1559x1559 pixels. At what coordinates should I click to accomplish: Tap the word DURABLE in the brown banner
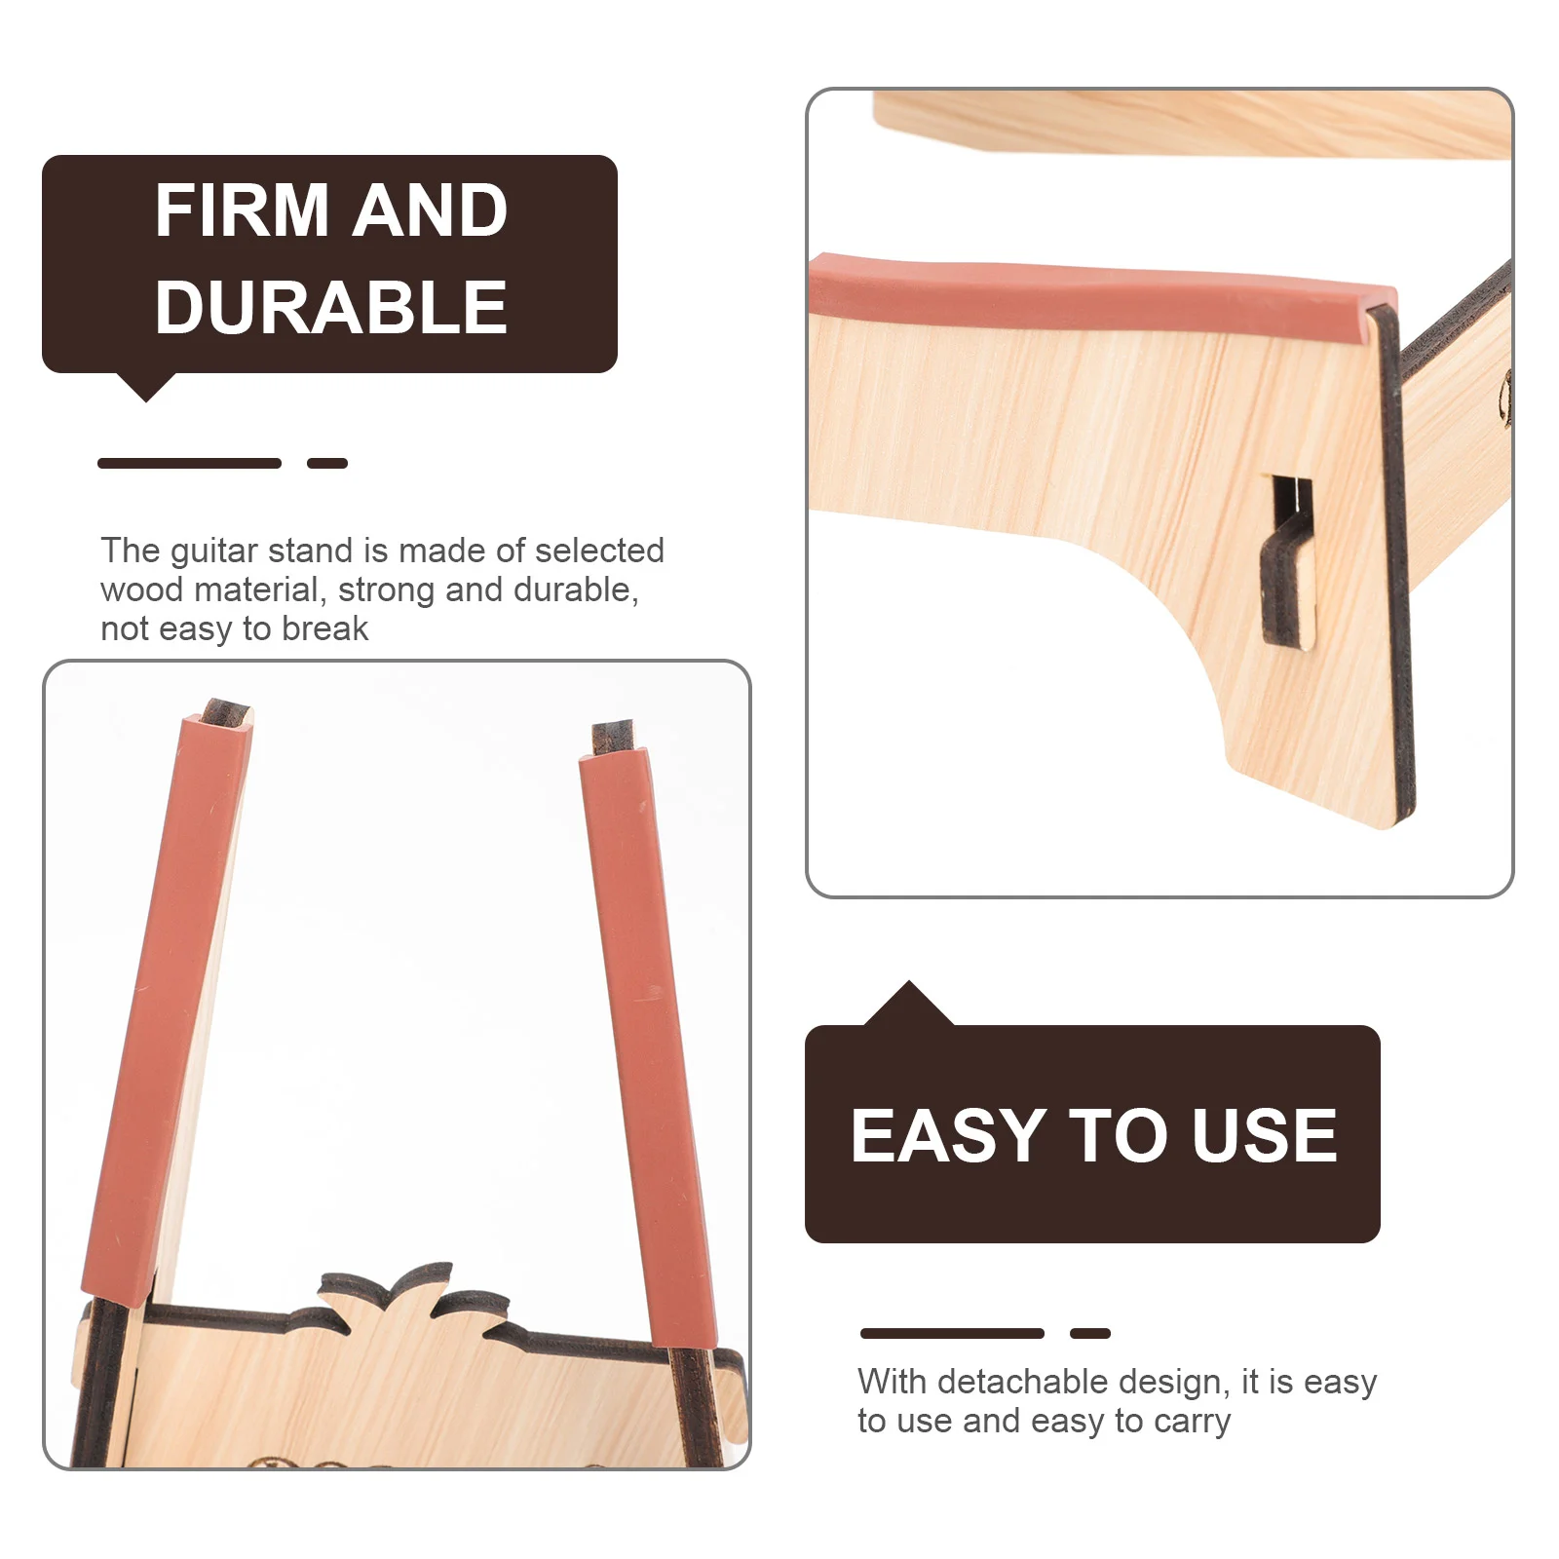tap(331, 307)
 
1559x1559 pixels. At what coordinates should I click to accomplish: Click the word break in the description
tap(324, 628)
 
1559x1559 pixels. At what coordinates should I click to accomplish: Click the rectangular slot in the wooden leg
tap(1286, 560)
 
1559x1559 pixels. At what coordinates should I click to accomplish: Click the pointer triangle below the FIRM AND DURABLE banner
tap(146, 387)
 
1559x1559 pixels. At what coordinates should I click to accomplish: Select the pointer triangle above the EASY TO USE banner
tap(909, 1004)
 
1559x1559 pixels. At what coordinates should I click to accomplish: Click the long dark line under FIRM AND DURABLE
tap(189, 463)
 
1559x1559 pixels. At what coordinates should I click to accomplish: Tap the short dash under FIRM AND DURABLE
tap(327, 463)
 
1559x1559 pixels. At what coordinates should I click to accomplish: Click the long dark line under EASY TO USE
tap(952, 1333)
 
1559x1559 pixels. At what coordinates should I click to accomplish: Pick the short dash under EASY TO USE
tap(1090, 1333)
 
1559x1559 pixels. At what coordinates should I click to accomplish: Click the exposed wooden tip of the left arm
tap(226, 710)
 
